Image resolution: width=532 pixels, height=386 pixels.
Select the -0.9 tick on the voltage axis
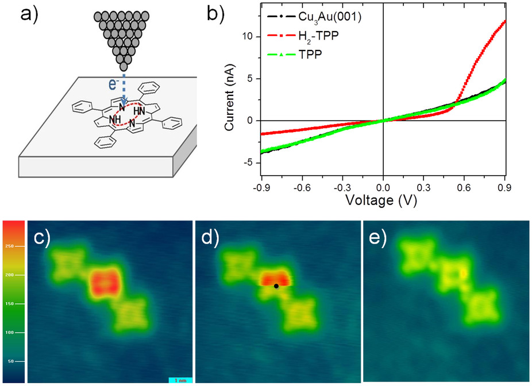[x=260, y=186]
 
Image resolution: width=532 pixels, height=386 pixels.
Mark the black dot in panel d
[x=276, y=286]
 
